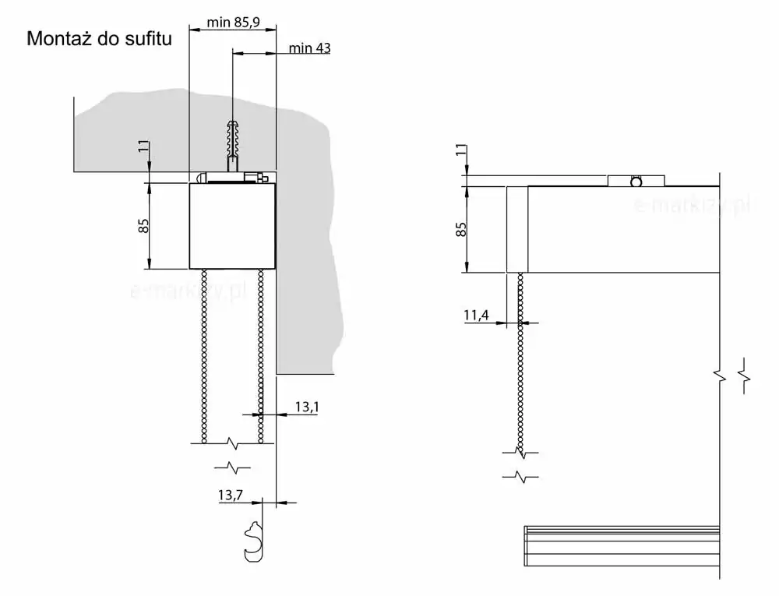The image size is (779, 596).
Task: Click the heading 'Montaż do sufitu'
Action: click(100, 39)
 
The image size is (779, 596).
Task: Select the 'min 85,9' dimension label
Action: click(233, 22)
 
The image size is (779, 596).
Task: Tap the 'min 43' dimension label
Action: click(309, 48)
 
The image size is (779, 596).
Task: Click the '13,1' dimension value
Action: click(307, 407)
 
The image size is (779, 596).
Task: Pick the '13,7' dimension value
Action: click(230, 495)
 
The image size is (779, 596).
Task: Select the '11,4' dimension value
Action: click(476, 315)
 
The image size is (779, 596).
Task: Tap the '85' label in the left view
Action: click(143, 225)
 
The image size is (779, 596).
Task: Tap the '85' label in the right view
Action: click(461, 229)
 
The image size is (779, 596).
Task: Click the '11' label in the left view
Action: click(143, 146)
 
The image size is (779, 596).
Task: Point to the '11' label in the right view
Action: click(461, 150)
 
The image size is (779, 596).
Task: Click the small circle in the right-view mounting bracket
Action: click(636, 182)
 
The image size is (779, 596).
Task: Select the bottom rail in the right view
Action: click(622, 546)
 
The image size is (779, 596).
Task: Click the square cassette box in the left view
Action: click(232, 226)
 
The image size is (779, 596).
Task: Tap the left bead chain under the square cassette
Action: click(203, 355)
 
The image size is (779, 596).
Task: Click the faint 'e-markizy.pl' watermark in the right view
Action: click(692, 205)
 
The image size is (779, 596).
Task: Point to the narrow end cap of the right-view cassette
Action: click(516, 230)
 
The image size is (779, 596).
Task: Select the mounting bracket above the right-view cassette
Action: click(636, 181)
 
